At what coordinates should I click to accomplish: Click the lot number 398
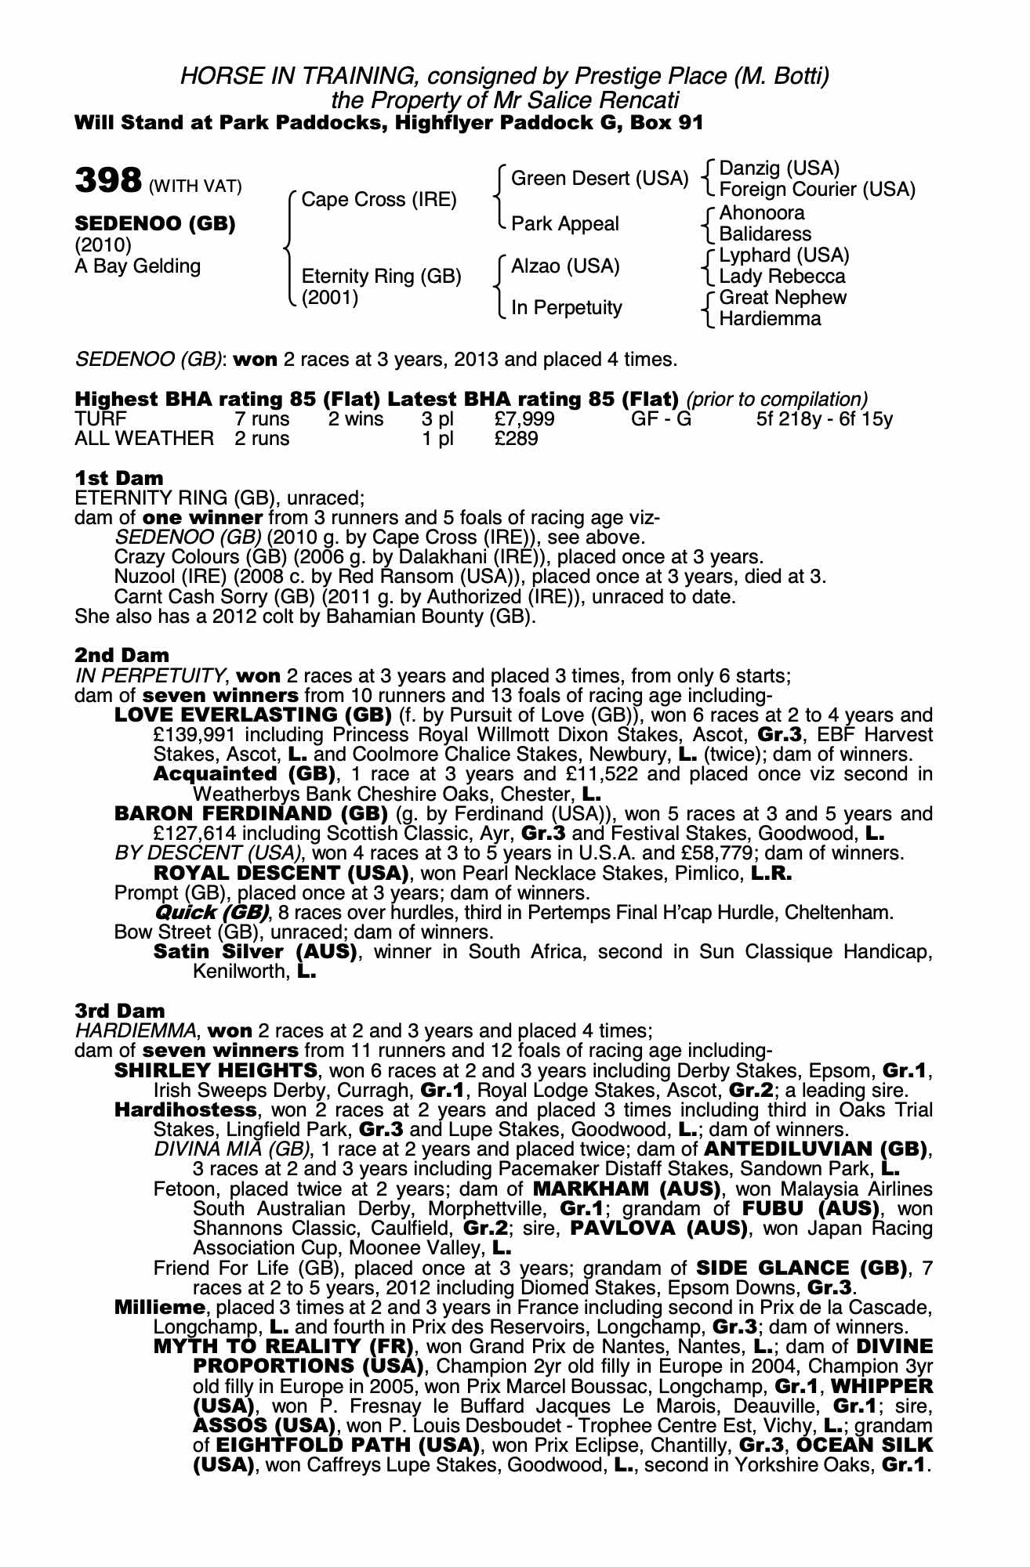(107, 182)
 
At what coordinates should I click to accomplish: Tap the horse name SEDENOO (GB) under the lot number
(154, 223)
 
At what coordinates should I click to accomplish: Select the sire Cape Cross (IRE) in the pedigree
(379, 200)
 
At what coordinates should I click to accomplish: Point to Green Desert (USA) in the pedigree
(599, 179)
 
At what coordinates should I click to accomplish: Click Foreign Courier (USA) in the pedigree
(817, 190)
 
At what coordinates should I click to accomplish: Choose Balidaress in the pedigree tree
(765, 233)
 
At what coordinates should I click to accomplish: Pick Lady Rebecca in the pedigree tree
(782, 277)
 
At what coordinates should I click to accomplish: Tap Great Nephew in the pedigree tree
(782, 298)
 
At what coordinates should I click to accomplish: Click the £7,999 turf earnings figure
(524, 419)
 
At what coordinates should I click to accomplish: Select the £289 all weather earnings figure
(517, 439)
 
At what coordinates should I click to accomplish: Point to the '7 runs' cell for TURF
(263, 419)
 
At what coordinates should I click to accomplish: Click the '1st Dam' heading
(119, 478)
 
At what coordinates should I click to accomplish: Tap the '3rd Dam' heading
(120, 1011)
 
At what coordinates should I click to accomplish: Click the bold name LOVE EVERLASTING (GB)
(252, 715)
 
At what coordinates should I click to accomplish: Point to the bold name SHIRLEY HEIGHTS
(216, 1070)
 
